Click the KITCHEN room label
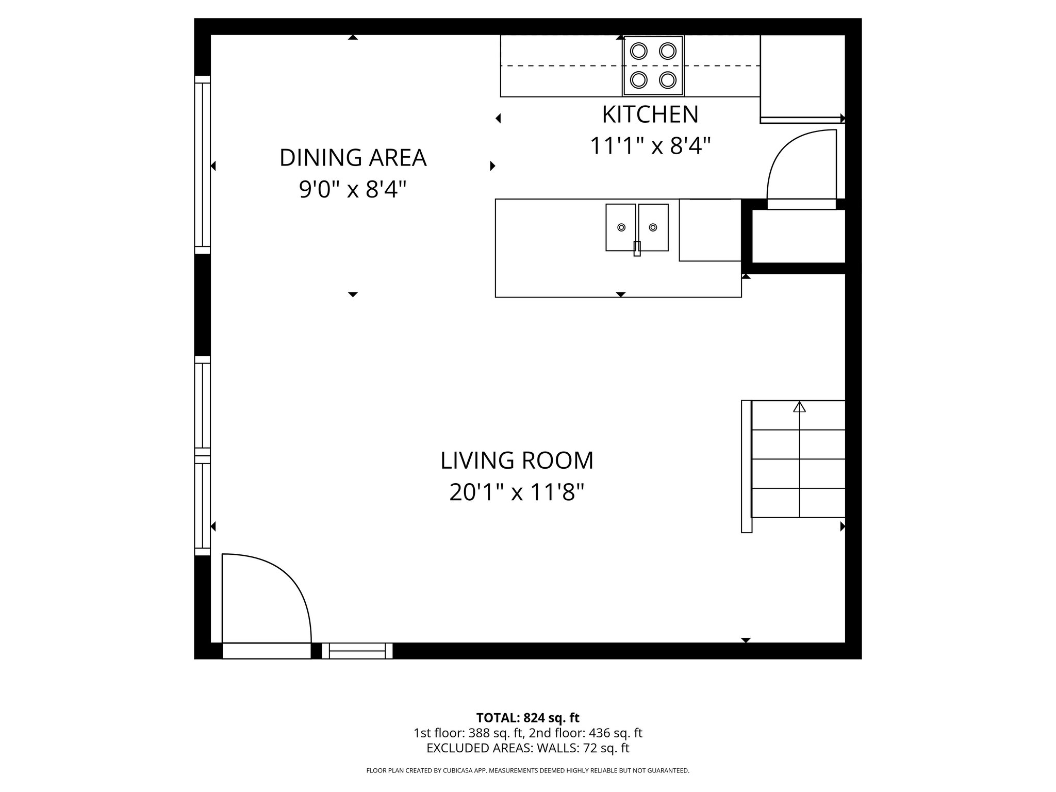650,114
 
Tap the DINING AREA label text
353,158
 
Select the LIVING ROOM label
517,460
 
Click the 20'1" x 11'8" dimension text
517,492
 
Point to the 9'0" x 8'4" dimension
353,190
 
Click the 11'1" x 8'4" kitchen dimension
650,146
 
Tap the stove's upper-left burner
639,51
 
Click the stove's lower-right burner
668,80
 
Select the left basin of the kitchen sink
621,227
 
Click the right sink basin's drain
653,227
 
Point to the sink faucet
637,248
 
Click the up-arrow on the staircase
799,407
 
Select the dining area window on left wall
202,165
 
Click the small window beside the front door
357,651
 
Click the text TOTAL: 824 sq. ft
527,718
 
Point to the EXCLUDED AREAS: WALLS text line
527,748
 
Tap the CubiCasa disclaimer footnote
527,771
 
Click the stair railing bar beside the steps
746,466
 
